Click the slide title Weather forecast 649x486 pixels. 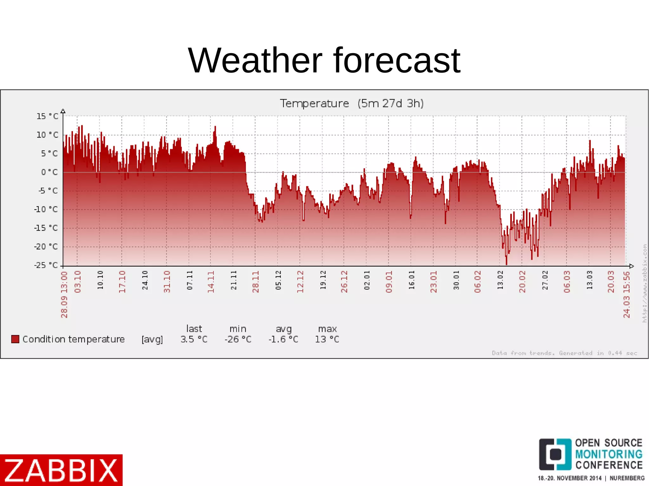pyautogui.click(x=324, y=60)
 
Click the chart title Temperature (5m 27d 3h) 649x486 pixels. pyautogui.click(x=351, y=104)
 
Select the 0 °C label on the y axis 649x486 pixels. pyautogui.click(x=49, y=172)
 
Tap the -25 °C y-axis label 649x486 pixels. pyautogui.click(x=46, y=265)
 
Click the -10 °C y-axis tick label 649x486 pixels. pyautogui.click(x=46, y=210)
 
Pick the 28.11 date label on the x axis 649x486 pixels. pyautogui.click(x=256, y=281)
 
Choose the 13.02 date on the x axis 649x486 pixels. pyautogui.click(x=500, y=280)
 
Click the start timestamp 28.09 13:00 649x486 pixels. pyautogui.click(x=64, y=294)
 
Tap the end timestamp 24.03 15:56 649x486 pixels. pyautogui.click(x=627, y=294)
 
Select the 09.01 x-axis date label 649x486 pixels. pyautogui.click(x=389, y=281)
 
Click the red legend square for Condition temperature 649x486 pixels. pyautogui.click(x=15, y=339)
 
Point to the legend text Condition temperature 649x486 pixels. pyautogui.click(x=74, y=339)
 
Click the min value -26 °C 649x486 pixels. pyautogui.click(x=238, y=339)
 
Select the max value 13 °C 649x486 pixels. pyautogui.click(x=327, y=339)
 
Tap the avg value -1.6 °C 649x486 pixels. pyautogui.click(x=283, y=339)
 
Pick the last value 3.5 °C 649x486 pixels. pyautogui.click(x=194, y=339)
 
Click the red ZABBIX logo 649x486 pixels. pyautogui.click(x=61, y=470)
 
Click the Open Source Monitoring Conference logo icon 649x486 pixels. pyautogui.click(x=555, y=454)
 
